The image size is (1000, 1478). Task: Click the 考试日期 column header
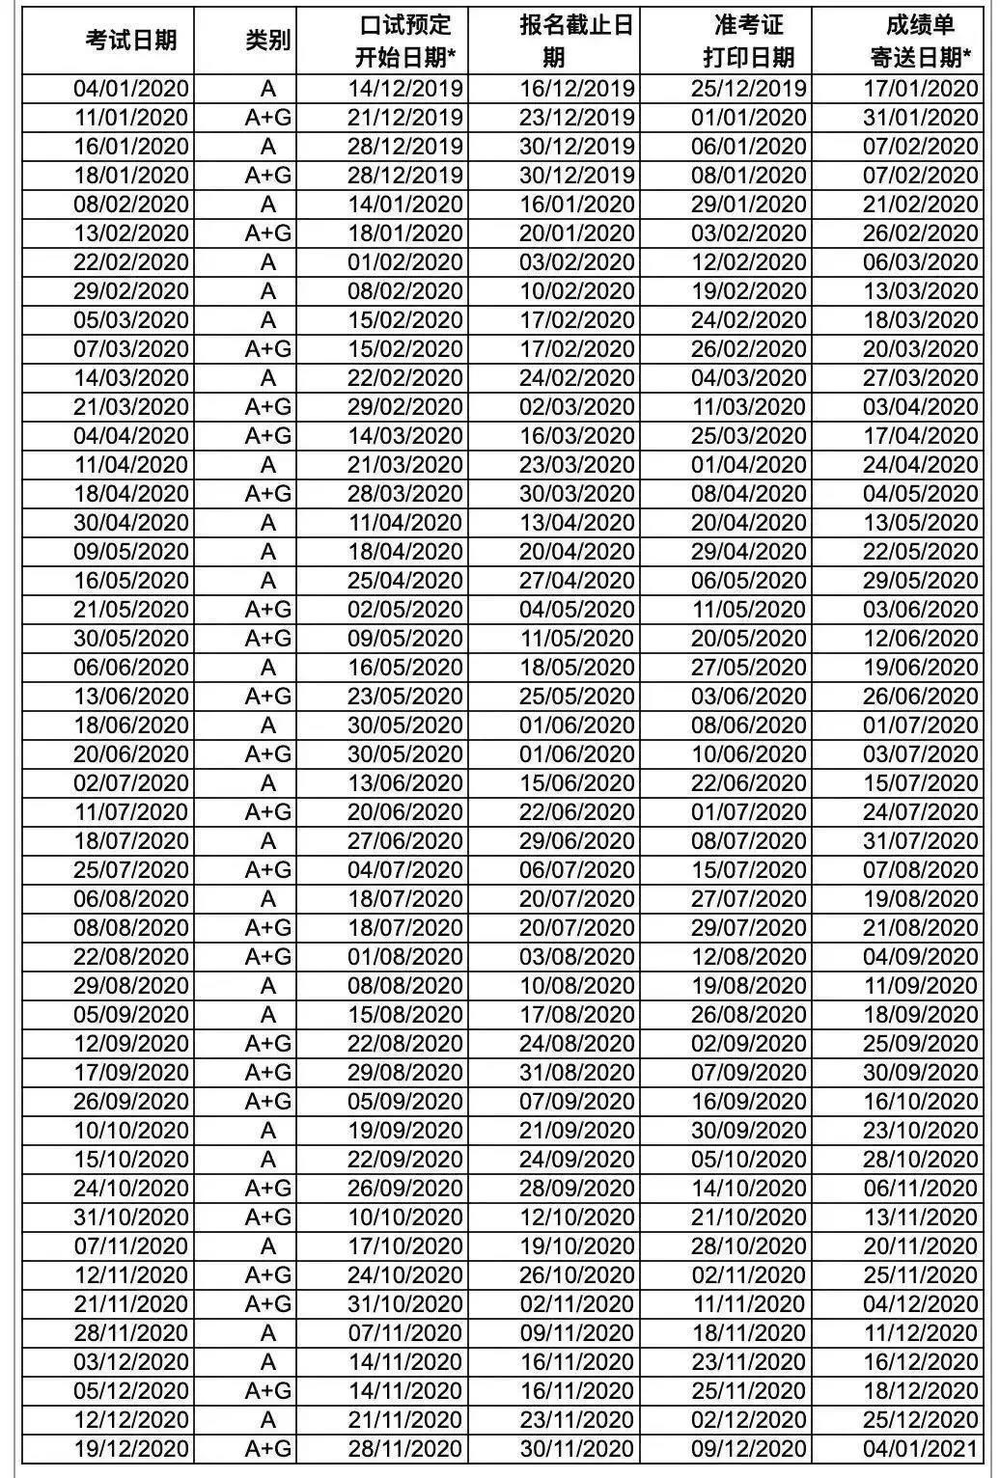131,40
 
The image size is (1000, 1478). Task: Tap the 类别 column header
267,40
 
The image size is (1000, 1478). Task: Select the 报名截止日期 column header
576,41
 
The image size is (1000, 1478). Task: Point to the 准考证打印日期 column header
748,41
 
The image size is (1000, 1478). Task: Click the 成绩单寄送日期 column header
920,41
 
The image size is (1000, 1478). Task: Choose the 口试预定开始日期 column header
404,41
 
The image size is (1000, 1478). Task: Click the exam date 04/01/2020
131,89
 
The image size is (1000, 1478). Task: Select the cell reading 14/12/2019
405,89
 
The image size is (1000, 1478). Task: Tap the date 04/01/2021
920,1449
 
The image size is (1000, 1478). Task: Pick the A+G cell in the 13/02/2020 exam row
267,233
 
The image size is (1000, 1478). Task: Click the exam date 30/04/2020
131,523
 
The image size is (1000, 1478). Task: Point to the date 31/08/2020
577,1073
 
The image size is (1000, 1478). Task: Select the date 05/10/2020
748,1160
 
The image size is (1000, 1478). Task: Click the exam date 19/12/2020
131,1449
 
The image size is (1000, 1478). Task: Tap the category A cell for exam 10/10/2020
267,1131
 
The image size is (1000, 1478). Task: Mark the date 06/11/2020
920,1189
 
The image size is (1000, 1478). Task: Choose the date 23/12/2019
577,118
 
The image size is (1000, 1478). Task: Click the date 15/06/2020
577,783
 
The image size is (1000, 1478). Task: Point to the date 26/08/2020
748,1015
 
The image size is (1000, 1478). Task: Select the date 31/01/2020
920,118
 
